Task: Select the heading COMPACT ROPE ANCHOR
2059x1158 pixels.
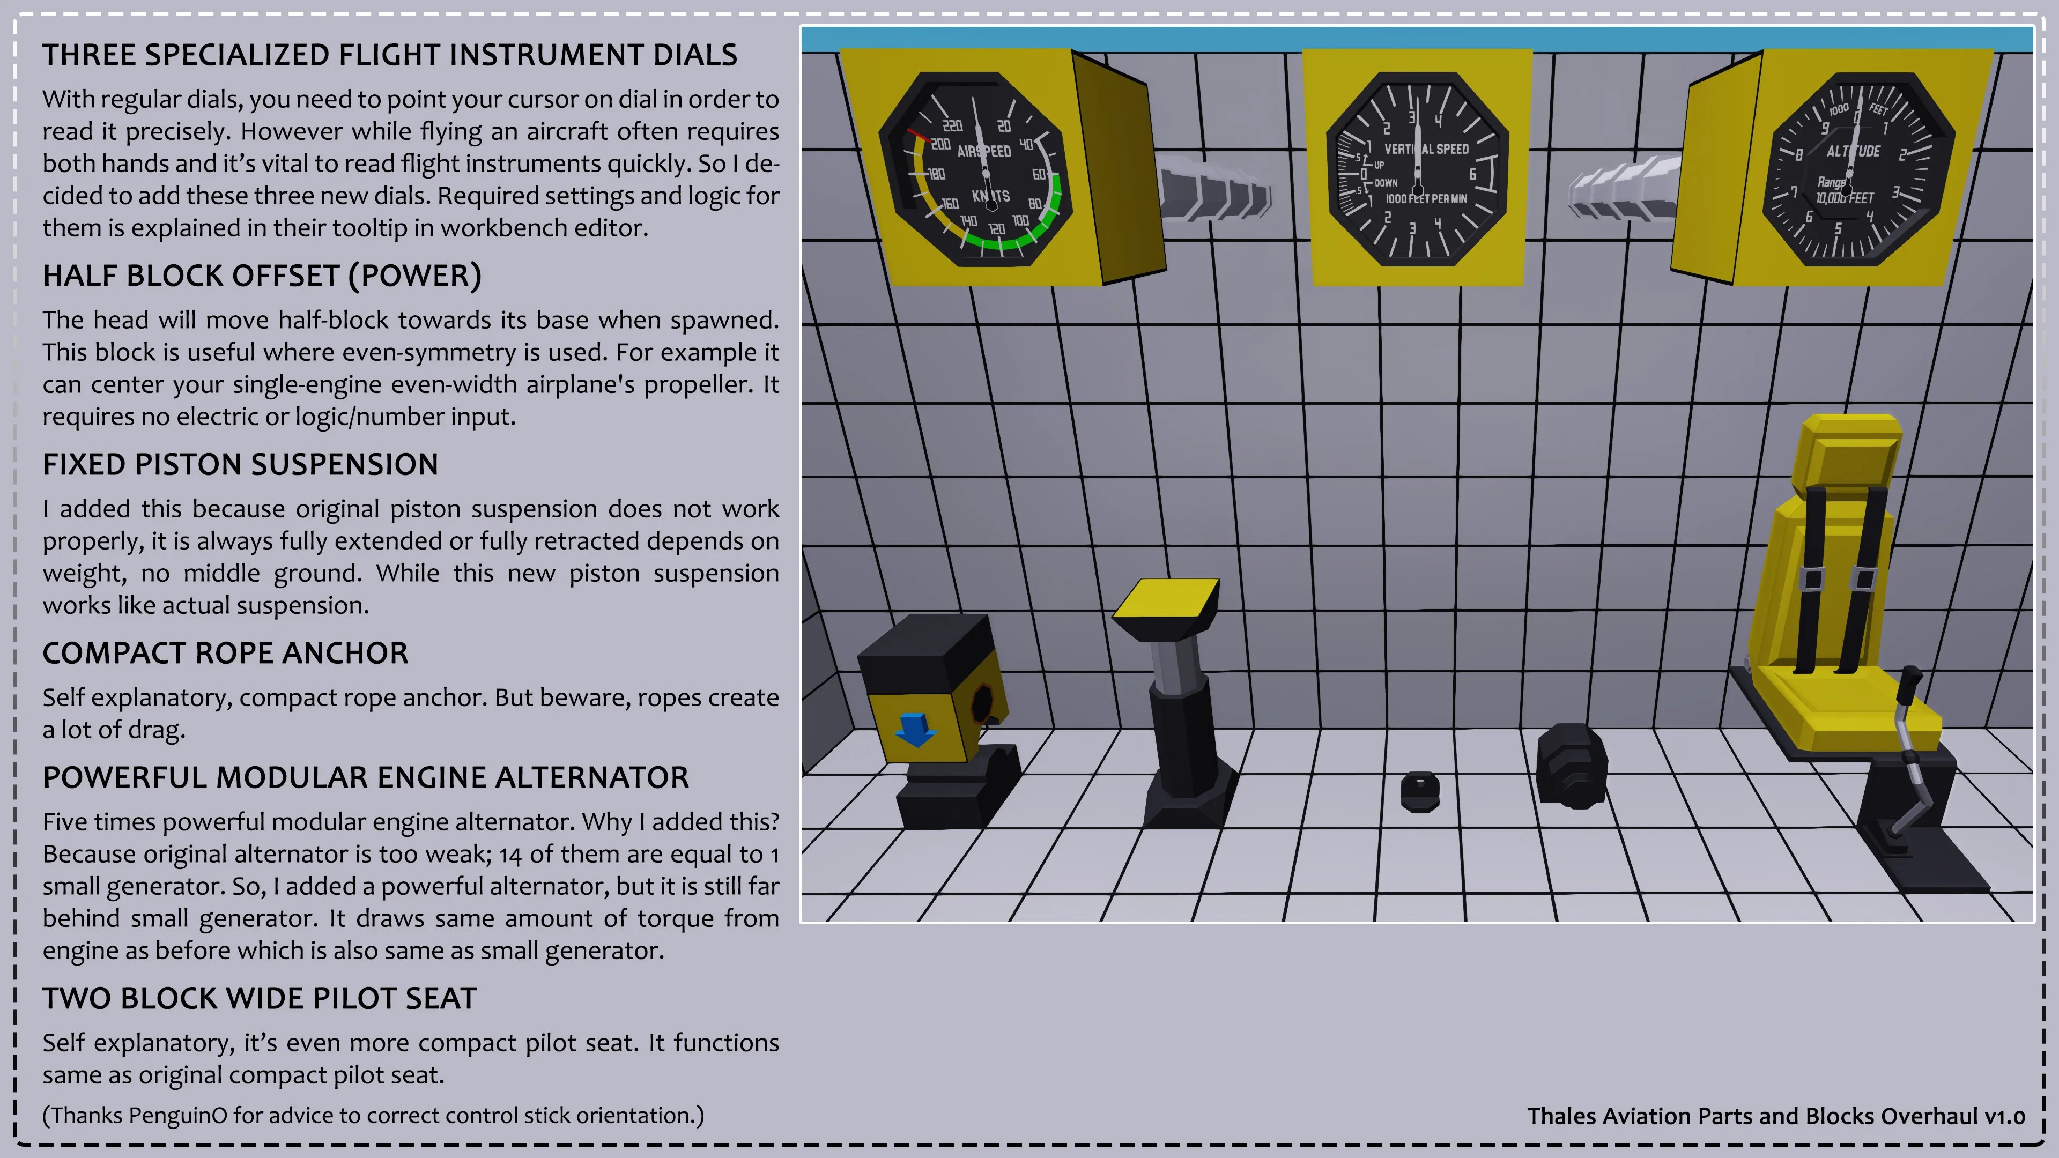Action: tap(225, 653)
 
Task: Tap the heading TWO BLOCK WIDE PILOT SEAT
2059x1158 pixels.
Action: tap(260, 998)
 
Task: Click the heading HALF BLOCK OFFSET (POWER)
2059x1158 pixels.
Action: tap(262, 276)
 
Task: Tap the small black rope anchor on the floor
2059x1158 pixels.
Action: tap(1420, 791)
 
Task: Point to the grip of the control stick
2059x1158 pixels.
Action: tap(1910, 684)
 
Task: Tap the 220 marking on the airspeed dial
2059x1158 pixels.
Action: tap(952, 125)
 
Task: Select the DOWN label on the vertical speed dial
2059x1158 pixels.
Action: tap(1386, 183)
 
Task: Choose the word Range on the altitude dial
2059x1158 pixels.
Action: tap(1831, 183)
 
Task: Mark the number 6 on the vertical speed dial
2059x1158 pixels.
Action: tap(1472, 174)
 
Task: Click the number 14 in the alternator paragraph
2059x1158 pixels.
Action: tap(511, 855)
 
